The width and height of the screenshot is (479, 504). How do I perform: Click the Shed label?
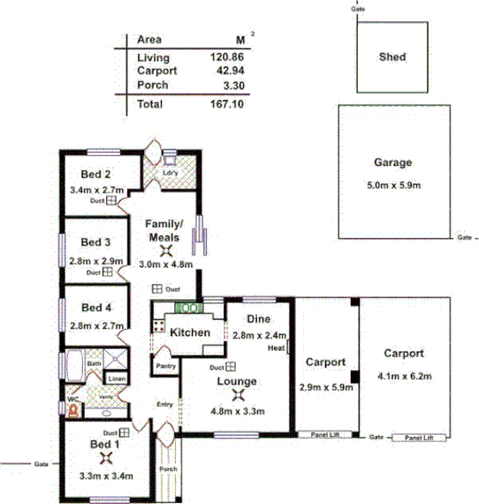(392, 57)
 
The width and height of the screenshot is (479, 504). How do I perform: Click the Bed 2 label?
(95, 174)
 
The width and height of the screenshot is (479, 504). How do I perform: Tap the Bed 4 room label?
(95, 308)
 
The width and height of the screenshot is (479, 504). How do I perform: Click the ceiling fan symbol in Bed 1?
(106, 459)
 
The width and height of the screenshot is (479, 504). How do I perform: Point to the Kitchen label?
(190, 332)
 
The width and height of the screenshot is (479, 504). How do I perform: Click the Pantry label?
(165, 364)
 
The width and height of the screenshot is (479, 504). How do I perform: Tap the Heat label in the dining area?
(277, 349)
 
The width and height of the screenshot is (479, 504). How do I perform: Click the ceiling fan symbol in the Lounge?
(233, 396)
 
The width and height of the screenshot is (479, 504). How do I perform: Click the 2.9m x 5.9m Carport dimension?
(327, 388)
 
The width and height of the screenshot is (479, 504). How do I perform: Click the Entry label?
(164, 405)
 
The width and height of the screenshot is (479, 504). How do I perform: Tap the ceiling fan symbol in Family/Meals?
(163, 251)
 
